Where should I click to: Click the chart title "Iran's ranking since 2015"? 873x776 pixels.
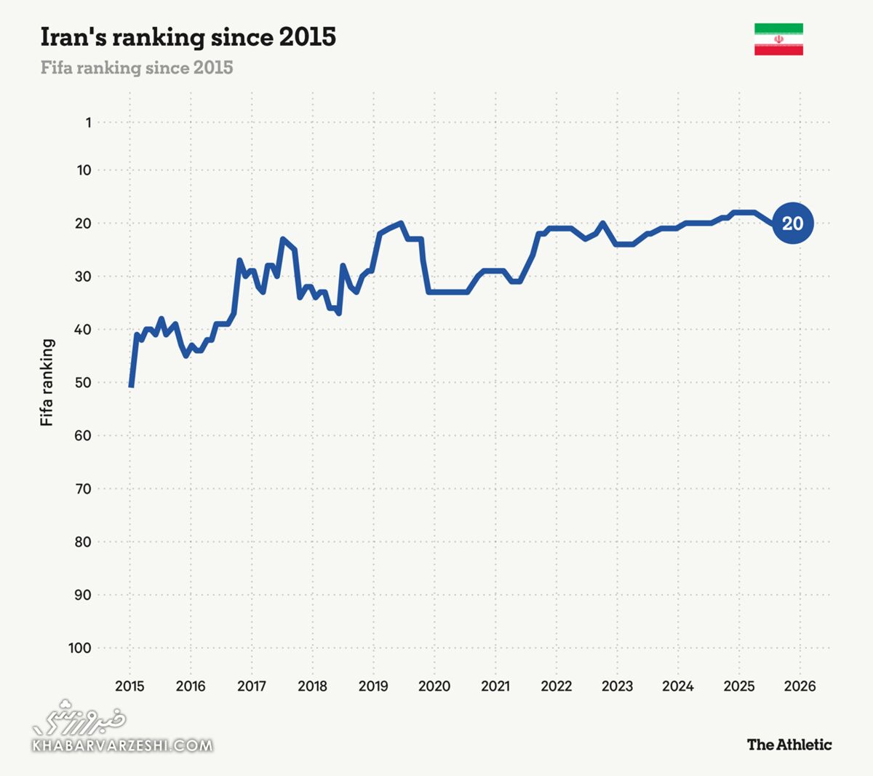click(188, 37)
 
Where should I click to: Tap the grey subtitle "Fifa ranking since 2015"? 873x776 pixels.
click(137, 68)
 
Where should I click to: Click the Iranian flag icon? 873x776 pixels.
click(778, 39)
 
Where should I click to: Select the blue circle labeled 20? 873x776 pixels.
click(792, 223)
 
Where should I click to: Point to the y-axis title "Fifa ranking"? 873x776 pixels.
click(47, 382)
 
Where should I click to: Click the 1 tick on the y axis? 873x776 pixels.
click(88, 122)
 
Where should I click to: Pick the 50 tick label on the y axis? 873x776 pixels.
click(82, 382)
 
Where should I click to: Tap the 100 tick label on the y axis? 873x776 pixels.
click(80, 648)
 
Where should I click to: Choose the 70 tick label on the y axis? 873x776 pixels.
click(82, 488)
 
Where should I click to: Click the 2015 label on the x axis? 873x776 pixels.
click(129, 686)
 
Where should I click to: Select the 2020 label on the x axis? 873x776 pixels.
click(434, 686)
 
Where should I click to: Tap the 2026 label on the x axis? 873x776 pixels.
click(800, 686)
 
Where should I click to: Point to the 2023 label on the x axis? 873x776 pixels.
click(617, 686)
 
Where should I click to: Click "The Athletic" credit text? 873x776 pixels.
click(789, 744)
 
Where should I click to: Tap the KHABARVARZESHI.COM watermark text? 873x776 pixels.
click(122, 745)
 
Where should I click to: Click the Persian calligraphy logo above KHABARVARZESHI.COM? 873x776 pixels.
click(80, 718)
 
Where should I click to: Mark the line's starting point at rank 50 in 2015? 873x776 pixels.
click(131, 385)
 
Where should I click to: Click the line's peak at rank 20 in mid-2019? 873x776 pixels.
click(401, 223)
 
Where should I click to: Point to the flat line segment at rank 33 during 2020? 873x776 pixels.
click(447, 292)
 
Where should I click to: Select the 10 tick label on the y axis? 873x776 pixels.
click(84, 170)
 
